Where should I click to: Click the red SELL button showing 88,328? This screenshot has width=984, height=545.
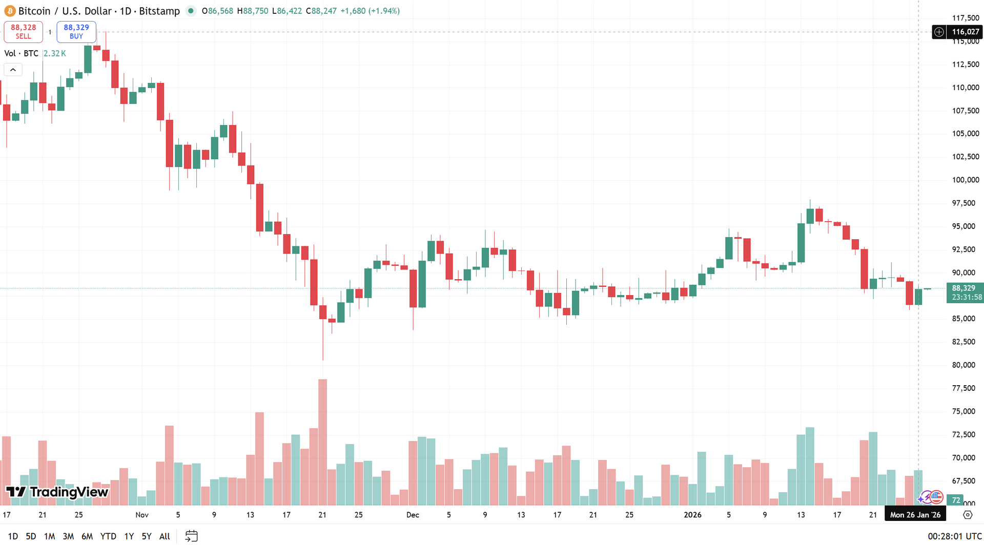(23, 32)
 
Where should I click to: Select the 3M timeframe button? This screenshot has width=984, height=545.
(68, 536)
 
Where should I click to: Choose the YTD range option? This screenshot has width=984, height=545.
(108, 536)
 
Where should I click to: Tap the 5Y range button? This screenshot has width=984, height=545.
(147, 536)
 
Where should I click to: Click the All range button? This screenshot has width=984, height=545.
(165, 536)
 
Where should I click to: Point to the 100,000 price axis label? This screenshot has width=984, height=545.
(966, 180)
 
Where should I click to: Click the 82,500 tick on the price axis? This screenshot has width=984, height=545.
(963, 342)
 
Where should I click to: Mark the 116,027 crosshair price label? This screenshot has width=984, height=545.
(965, 32)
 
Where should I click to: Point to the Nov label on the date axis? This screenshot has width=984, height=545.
(142, 515)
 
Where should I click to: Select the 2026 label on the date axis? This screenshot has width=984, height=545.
(692, 515)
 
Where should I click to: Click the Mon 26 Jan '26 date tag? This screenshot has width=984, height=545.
(915, 515)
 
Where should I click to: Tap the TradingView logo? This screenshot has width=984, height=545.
(57, 492)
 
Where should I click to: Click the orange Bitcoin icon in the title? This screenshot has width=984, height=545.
(10, 11)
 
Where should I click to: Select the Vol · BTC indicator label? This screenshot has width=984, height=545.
(22, 53)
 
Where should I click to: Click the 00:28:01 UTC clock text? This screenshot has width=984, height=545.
(955, 536)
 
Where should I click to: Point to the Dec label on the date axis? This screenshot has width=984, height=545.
(413, 515)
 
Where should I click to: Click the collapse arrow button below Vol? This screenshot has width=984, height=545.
(13, 70)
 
